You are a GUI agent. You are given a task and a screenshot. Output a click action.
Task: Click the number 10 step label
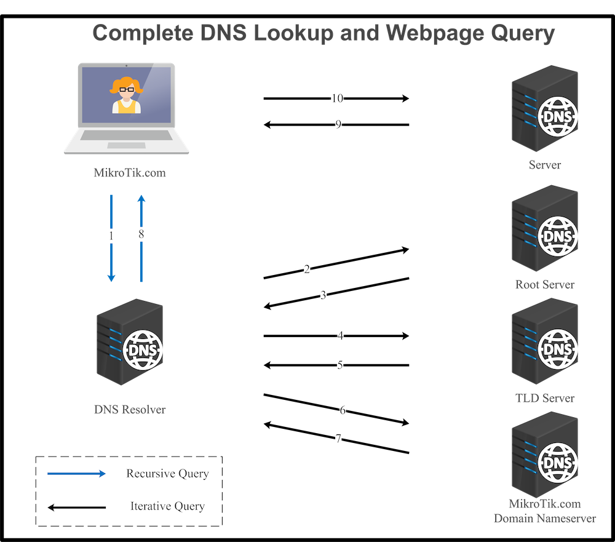click(x=337, y=98)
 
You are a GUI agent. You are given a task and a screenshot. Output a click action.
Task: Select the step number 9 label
click(x=338, y=125)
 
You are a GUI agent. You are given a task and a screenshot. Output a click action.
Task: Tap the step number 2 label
click(x=307, y=269)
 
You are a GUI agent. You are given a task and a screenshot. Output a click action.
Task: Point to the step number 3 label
click(x=323, y=296)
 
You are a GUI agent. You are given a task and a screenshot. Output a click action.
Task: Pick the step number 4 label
click(x=340, y=337)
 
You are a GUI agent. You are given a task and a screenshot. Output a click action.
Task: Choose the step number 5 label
click(x=339, y=365)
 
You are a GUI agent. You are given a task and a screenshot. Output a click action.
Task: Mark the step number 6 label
click(x=343, y=410)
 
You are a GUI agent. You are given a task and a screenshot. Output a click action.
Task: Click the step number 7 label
click(x=338, y=439)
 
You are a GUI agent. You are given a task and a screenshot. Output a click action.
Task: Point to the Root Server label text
click(x=545, y=285)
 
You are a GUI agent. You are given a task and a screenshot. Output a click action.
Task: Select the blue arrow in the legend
click(x=77, y=474)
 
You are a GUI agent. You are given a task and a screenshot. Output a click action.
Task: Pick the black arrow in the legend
click(x=77, y=507)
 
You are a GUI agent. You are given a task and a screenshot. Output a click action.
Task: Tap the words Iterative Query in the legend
click(x=167, y=506)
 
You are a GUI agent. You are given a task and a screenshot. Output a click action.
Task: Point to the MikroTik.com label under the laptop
click(x=130, y=173)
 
